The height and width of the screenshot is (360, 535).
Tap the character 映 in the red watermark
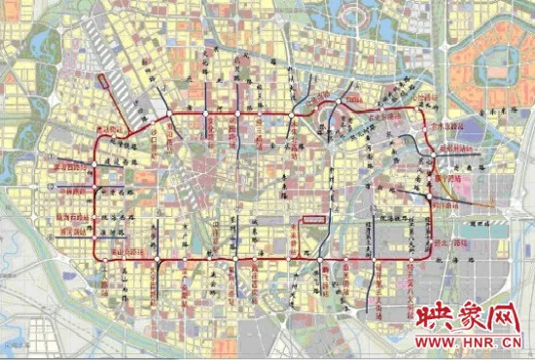[428, 318]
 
